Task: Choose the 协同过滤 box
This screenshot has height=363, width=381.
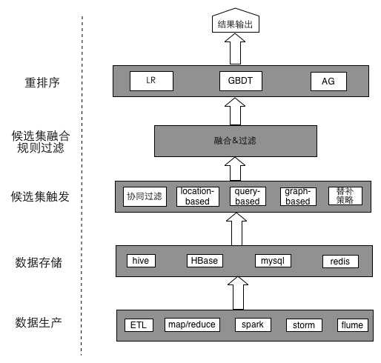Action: coord(144,196)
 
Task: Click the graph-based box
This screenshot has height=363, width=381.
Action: coord(299,196)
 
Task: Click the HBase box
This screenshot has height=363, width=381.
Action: coord(204,261)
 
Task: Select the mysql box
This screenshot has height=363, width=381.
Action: coord(272,261)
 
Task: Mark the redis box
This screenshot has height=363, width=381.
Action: coord(340,262)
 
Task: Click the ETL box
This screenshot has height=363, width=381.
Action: coord(138,325)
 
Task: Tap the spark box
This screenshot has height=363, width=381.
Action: coord(253,324)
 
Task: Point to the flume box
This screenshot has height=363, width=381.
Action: coord(352,325)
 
